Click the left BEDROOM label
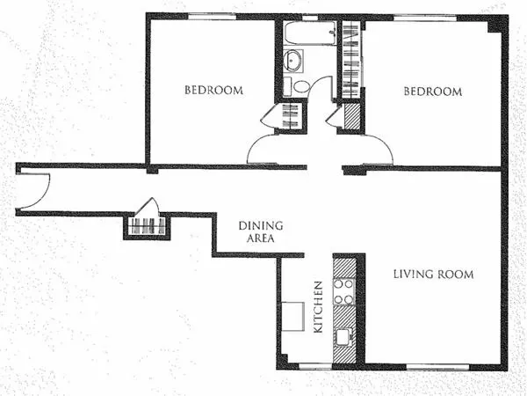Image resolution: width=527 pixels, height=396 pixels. click(x=213, y=91)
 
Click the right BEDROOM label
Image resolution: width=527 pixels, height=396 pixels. click(x=432, y=92)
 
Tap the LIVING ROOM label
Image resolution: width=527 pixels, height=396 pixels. click(x=432, y=275)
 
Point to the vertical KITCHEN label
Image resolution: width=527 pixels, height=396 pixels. click(x=319, y=307)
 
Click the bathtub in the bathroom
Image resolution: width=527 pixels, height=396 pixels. click(x=310, y=33)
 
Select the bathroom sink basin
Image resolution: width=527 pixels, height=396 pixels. click(x=292, y=61)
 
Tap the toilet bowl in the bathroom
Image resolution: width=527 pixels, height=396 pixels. click(x=301, y=86)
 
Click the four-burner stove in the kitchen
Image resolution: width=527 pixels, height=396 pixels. click(x=344, y=290)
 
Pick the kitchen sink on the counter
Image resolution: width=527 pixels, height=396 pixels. click(x=343, y=335)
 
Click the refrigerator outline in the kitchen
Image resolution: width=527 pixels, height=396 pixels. click(x=292, y=315)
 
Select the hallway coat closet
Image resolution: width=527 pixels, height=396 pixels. click(x=146, y=225)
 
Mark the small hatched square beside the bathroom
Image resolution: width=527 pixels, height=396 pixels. click(x=352, y=116)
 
